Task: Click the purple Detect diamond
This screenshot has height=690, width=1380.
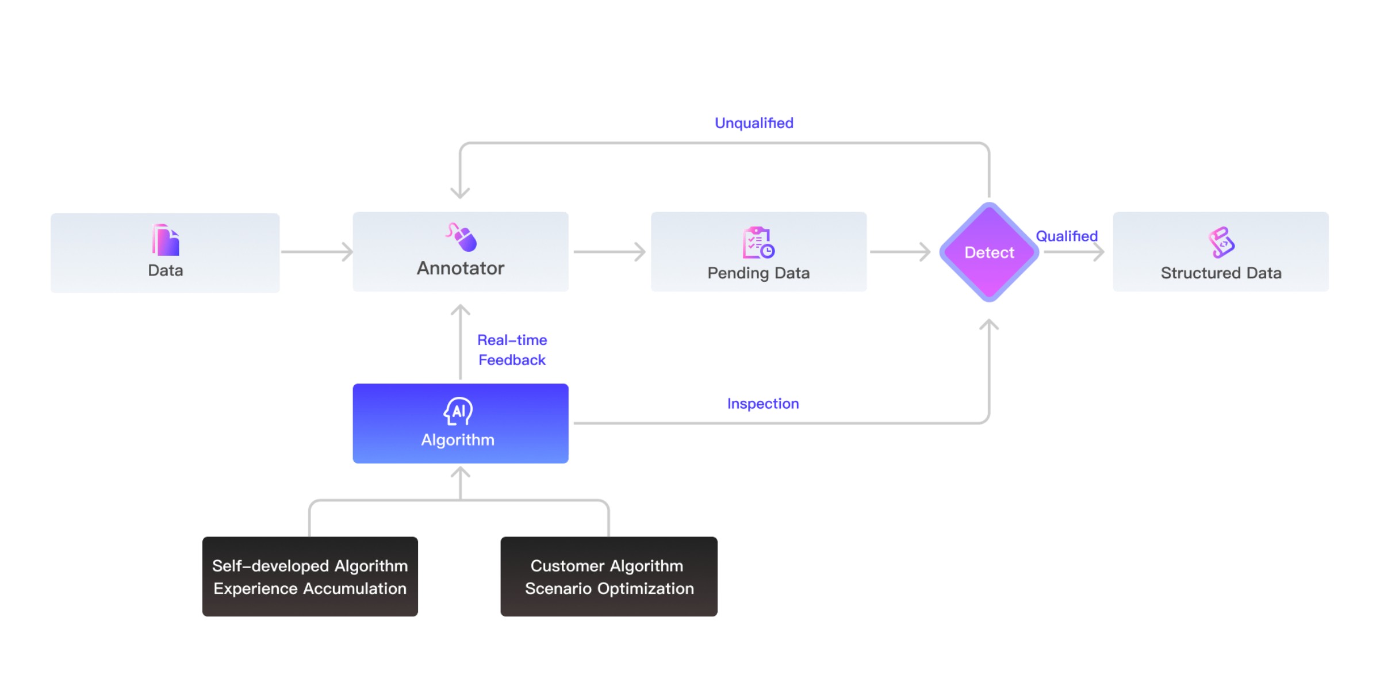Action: click(x=989, y=252)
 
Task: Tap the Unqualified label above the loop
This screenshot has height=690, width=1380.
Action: click(x=754, y=123)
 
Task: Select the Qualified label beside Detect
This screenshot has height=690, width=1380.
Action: click(x=1067, y=236)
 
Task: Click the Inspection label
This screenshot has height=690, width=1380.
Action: click(x=763, y=404)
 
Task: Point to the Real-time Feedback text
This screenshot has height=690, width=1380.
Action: click(x=512, y=350)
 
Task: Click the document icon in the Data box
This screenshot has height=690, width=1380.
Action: click(x=166, y=240)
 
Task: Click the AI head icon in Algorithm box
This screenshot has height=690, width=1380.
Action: click(x=458, y=411)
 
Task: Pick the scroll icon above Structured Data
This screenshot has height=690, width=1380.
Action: click(x=1221, y=242)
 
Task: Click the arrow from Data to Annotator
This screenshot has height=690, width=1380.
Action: click(x=317, y=252)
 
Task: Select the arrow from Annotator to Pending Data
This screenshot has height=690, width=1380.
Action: click(x=609, y=252)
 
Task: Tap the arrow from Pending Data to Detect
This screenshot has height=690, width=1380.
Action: click(x=900, y=252)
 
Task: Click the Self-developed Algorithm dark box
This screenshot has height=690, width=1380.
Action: click(x=310, y=577)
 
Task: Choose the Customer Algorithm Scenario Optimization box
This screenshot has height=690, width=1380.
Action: click(x=609, y=577)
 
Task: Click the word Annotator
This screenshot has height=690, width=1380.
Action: click(x=461, y=269)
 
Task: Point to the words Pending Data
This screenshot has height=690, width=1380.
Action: click(x=758, y=273)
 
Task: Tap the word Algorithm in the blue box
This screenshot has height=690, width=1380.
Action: click(x=458, y=440)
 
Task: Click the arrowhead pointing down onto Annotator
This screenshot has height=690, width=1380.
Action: click(x=460, y=193)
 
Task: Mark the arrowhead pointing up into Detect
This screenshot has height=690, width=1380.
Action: click(x=989, y=325)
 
